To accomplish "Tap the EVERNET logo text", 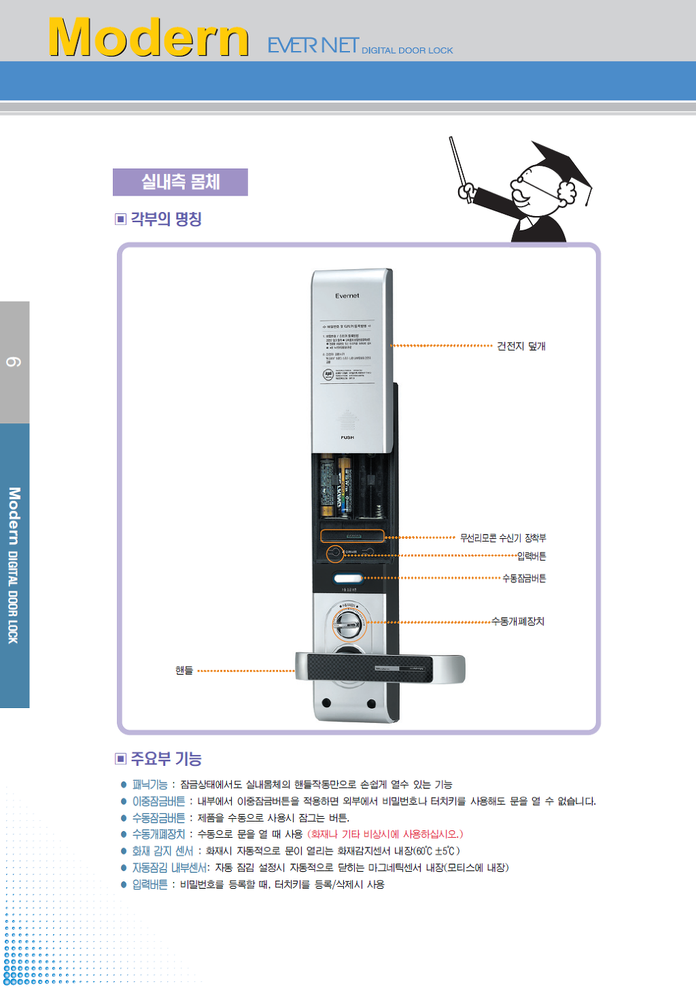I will (313, 46).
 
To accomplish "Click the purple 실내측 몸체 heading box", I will (180, 182).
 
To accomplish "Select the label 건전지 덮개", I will (521, 346).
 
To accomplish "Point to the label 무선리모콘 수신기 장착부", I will (502, 538).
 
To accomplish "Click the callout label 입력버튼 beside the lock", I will (532, 557).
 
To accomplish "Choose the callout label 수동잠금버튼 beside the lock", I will (524, 578).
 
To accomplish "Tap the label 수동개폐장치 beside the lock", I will (518, 622).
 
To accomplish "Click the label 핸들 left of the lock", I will (184, 671).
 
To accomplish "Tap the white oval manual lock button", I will (348, 579).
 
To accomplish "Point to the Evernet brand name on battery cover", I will (347, 296).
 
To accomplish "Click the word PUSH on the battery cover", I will (347, 438).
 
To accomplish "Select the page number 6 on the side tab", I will (14, 361).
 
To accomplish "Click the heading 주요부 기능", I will (166, 758).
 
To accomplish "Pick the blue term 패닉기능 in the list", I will (150, 785).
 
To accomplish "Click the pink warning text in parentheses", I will (385, 834).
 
